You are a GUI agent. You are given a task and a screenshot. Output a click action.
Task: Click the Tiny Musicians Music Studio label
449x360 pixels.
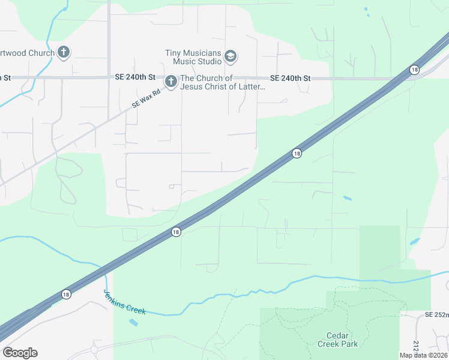click(x=193, y=57)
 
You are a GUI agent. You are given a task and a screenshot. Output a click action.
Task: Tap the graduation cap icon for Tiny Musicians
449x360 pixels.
click(x=231, y=57)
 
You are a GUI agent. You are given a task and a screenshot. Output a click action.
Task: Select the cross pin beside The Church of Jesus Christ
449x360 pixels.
click(x=171, y=82)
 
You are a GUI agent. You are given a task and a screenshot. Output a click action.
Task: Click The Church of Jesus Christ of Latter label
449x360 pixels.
click(x=223, y=82)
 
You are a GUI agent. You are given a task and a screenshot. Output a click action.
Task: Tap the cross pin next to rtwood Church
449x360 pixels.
click(x=64, y=52)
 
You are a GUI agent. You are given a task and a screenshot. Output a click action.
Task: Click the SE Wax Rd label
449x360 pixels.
click(x=146, y=99)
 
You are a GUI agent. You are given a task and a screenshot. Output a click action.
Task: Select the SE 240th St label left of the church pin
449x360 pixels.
click(x=135, y=78)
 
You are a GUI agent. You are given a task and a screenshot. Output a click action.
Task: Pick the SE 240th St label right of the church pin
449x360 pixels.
click(x=290, y=78)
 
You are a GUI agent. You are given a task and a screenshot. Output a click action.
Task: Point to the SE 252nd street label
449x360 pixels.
click(x=436, y=314)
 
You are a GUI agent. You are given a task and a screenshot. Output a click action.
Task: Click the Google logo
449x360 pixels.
click(x=20, y=353)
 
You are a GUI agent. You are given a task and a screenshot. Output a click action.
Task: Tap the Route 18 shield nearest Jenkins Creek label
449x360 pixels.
click(x=65, y=294)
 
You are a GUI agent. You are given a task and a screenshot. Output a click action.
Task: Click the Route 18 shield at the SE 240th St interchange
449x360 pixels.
click(x=414, y=70)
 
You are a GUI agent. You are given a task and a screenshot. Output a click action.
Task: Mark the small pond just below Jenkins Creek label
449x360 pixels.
click(x=133, y=322)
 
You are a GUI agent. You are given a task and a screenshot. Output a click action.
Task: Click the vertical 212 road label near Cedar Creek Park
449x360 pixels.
click(x=416, y=346)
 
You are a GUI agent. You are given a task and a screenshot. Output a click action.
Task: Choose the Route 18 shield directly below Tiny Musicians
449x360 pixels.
click(x=297, y=154)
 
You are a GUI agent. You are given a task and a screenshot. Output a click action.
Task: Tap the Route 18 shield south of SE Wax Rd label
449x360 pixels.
click(x=175, y=232)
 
